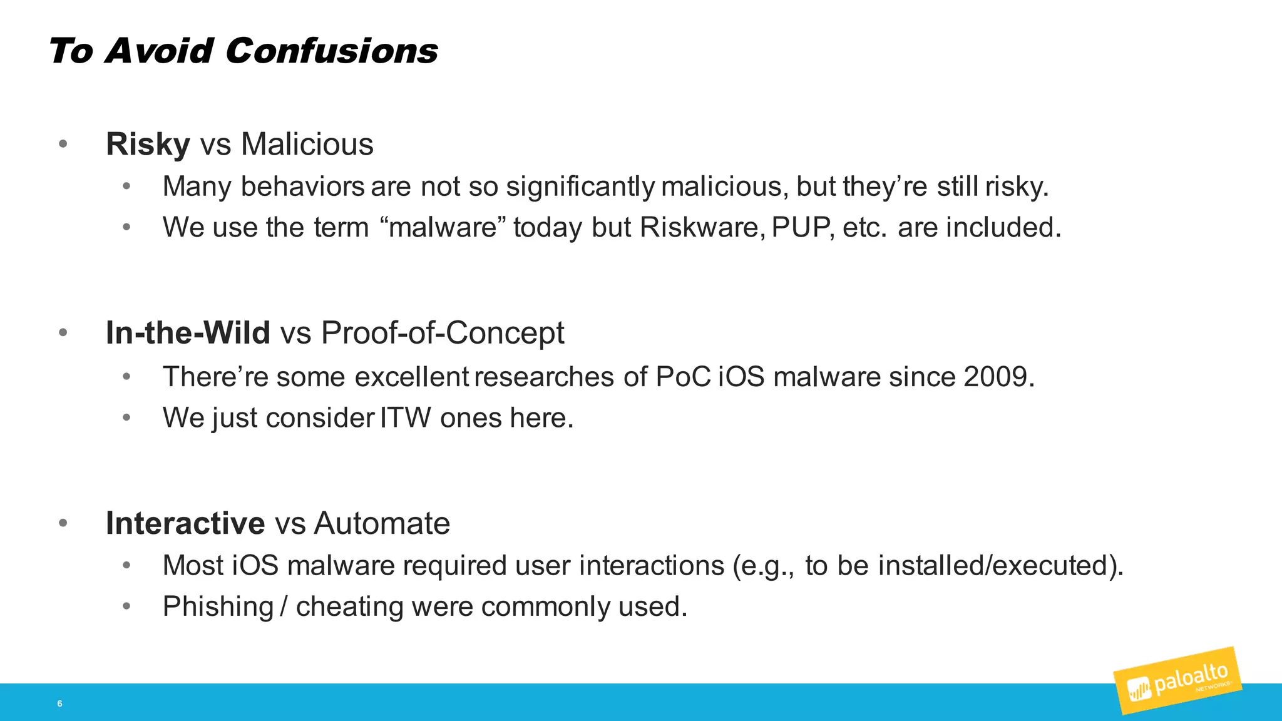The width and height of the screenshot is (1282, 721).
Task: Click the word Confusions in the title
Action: (331, 51)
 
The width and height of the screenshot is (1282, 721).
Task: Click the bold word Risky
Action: (148, 145)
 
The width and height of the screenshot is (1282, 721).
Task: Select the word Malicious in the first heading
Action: (307, 145)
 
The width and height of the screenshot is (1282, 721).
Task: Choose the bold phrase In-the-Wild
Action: (188, 333)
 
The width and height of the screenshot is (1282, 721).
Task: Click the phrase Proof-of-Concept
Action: (443, 333)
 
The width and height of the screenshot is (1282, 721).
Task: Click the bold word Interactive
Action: (185, 523)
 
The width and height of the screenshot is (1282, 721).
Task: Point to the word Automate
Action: (382, 523)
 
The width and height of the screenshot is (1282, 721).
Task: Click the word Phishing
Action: (218, 606)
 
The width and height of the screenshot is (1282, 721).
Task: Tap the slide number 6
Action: (59, 703)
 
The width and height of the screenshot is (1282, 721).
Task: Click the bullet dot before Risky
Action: (63, 145)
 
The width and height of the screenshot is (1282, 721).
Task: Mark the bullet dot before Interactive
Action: (63, 523)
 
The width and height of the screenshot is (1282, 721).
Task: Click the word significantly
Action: (580, 187)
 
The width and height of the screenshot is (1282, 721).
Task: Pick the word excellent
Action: (411, 377)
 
